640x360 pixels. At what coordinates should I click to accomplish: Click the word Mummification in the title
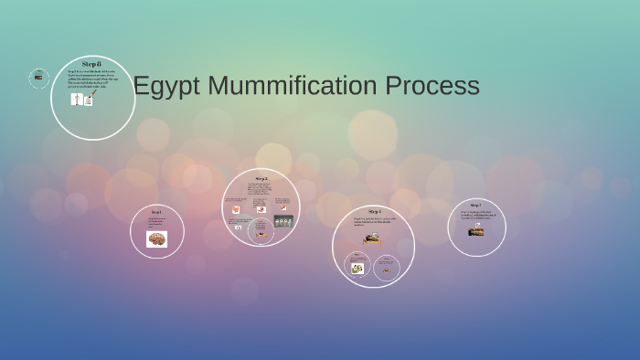coord(292,86)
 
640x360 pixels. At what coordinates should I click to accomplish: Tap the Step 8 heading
coord(91,64)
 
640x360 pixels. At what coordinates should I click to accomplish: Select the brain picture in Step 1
coord(156,239)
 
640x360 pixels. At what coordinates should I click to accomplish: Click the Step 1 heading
coord(156,212)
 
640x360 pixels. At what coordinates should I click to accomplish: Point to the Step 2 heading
coord(261,178)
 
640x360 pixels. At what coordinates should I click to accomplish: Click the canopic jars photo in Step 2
coord(283,221)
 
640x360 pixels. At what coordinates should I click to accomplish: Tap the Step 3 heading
coord(374,212)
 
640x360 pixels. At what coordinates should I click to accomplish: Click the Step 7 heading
coord(475,206)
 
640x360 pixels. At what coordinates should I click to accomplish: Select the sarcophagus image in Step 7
coord(475,231)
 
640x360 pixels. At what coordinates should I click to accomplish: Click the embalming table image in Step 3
coord(372,238)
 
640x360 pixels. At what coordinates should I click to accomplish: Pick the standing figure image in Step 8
coord(77,99)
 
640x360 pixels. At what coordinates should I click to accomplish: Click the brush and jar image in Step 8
coord(90,97)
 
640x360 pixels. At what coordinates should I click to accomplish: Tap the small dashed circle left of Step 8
coord(38,78)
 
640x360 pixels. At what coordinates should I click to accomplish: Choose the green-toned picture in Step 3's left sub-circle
coord(357,268)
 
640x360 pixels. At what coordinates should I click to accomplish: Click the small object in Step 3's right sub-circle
coord(388,269)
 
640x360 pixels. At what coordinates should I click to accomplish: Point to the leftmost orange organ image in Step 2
coord(236,207)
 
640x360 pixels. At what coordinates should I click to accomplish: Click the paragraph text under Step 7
coord(475,216)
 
